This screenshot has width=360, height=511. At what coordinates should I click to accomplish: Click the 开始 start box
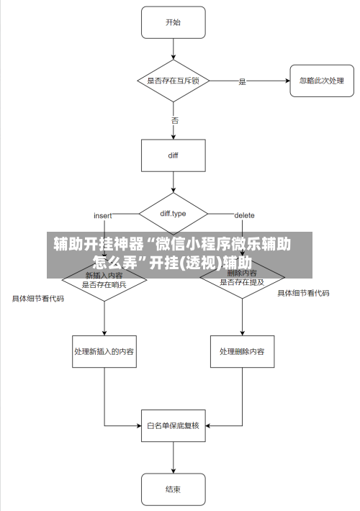click(x=173, y=23)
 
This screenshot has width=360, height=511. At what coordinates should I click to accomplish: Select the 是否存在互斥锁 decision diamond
click(x=173, y=81)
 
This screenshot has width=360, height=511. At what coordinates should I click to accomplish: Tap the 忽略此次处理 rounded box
click(x=321, y=81)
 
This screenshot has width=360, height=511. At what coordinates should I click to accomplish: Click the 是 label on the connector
click(x=243, y=81)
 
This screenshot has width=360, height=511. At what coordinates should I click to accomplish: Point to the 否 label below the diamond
click(x=175, y=120)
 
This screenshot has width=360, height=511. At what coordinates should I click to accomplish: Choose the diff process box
click(x=173, y=155)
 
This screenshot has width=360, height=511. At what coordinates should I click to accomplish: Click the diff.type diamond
click(x=173, y=214)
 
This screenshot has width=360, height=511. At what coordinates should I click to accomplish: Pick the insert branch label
click(x=104, y=215)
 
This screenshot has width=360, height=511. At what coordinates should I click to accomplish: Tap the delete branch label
click(x=244, y=215)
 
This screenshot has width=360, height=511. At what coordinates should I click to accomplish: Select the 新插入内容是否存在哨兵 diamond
click(x=104, y=280)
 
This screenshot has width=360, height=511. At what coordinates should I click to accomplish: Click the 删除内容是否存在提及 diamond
click(x=242, y=280)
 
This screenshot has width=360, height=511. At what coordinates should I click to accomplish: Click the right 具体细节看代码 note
click(x=303, y=293)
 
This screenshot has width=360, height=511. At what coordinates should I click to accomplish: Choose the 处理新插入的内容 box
click(x=104, y=352)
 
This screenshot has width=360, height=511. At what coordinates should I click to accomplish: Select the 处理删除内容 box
click(x=242, y=352)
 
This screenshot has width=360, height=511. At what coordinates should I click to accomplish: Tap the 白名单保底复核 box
click(x=173, y=425)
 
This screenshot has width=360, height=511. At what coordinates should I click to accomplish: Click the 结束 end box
click(x=173, y=489)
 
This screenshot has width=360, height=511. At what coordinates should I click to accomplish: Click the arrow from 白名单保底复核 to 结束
click(x=173, y=458)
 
